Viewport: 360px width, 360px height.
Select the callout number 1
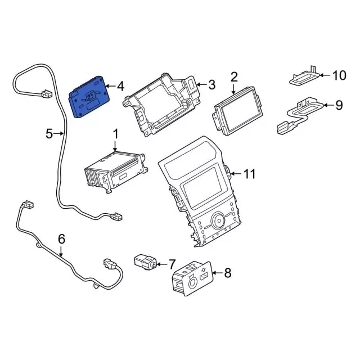pyautogui.click(x=116, y=134)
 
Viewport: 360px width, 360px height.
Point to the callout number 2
pyautogui.click(x=234, y=76)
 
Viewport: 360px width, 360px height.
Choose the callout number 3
pyautogui.click(x=211, y=85)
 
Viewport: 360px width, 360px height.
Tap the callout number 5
pyautogui.click(x=49, y=133)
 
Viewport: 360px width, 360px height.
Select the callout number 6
pyautogui.click(x=62, y=240)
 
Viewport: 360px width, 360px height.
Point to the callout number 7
pyautogui.click(x=172, y=263)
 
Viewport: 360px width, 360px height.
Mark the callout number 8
pyautogui.click(x=227, y=273)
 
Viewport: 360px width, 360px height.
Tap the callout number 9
pyautogui.click(x=339, y=104)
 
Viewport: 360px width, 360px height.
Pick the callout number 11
pyautogui.click(x=250, y=173)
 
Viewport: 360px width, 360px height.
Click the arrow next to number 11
pyautogui.click(x=235, y=173)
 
